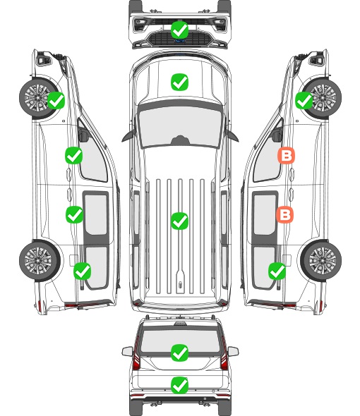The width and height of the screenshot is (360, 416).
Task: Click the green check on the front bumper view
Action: pos(179,30)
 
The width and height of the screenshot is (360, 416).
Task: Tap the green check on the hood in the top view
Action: pos(179,82)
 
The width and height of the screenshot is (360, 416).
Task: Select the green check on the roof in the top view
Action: pos(179,221)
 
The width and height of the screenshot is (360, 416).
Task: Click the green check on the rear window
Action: pos(179,353)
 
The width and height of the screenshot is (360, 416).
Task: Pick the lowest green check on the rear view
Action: pos(179,385)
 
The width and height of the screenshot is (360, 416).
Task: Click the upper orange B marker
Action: pos(286,155)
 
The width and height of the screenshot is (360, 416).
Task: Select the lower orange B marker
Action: pos(284,214)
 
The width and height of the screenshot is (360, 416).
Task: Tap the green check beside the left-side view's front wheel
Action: pos(56,100)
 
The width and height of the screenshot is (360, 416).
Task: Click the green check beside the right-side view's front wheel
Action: pos(304,100)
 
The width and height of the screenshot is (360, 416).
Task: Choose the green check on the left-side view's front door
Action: pos(74,155)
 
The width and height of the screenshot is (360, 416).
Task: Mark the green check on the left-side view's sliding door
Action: pos(74,214)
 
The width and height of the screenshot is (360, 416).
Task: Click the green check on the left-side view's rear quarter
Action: pos(83,271)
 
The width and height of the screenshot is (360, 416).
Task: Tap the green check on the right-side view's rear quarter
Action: pos(277,271)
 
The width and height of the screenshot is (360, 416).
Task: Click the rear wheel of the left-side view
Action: pos(40,261)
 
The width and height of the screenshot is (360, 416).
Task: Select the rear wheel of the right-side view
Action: pos(321,261)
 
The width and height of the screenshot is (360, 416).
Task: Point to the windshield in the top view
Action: pos(180,126)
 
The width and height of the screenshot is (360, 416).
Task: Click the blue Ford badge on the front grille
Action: pos(180,41)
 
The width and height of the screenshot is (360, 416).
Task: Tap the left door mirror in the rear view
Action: pos(128,351)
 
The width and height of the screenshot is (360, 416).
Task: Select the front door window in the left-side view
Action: pos(92,157)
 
